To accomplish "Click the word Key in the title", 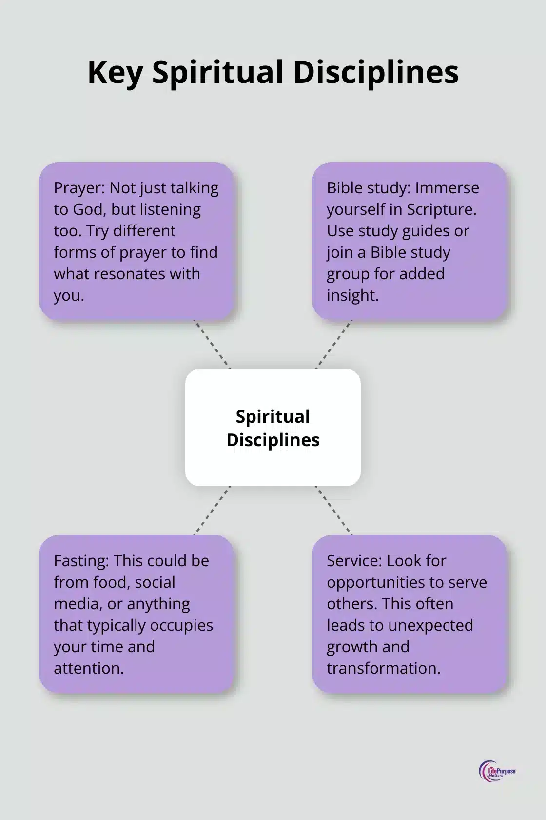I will point(115,72).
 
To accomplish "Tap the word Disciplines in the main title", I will point(375,72).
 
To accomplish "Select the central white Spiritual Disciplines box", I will point(273,428).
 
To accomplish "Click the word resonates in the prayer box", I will point(130,274).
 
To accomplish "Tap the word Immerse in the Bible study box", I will point(447,188).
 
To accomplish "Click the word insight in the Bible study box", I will point(352,295).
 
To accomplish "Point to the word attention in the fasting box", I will point(88,668).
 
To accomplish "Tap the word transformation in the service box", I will point(383,668).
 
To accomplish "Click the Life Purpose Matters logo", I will point(497,772).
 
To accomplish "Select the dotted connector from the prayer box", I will point(212,345).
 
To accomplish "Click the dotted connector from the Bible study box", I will point(334,345).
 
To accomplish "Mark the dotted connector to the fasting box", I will point(212,511).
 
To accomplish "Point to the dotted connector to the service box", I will point(334,511).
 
